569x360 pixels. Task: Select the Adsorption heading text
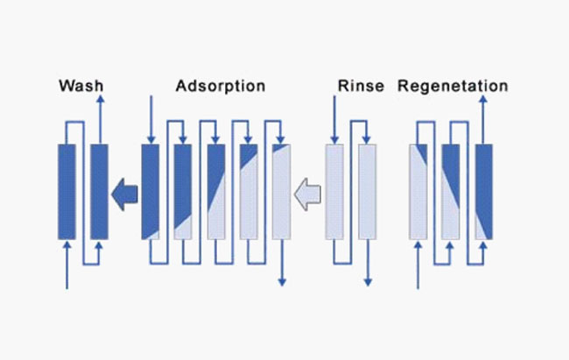(220, 87)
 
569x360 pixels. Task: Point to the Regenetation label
(452, 87)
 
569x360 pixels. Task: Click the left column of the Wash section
(67, 191)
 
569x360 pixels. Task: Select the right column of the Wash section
(99, 191)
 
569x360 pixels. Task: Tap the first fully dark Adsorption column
(150, 191)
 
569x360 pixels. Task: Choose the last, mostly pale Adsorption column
(280, 191)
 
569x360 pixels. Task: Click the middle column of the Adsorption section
(215, 191)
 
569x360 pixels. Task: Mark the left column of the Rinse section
(334, 191)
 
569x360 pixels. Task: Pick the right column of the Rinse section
(367, 191)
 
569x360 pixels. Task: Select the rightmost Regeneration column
(484, 191)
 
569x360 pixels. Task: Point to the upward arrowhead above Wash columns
(99, 102)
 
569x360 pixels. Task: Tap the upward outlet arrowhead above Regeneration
(484, 102)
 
